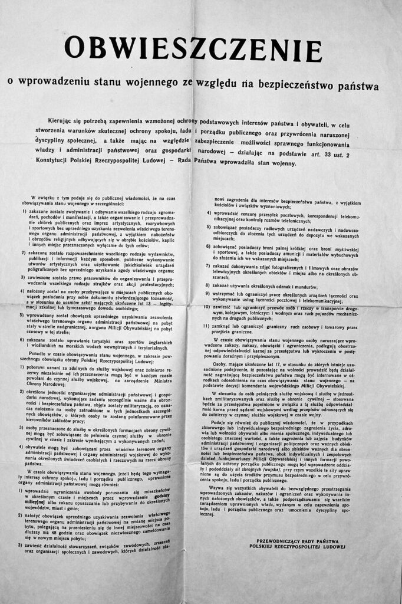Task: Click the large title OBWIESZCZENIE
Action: point(201,48)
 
